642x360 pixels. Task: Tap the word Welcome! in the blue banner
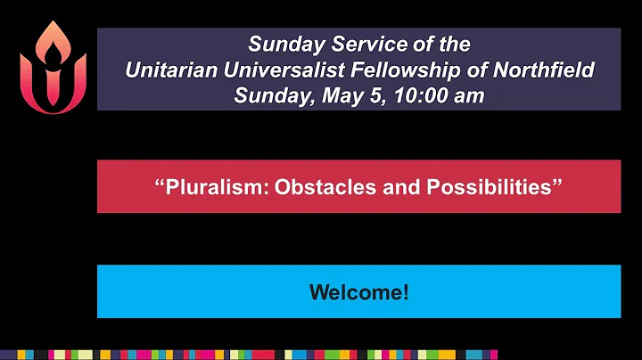tap(358, 291)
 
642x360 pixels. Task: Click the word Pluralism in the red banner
tap(207, 187)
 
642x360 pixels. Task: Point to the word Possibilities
tap(485, 187)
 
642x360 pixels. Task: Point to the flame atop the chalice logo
tap(53, 40)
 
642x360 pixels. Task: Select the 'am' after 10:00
tap(465, 95)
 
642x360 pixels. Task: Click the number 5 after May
tap(360, 95)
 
